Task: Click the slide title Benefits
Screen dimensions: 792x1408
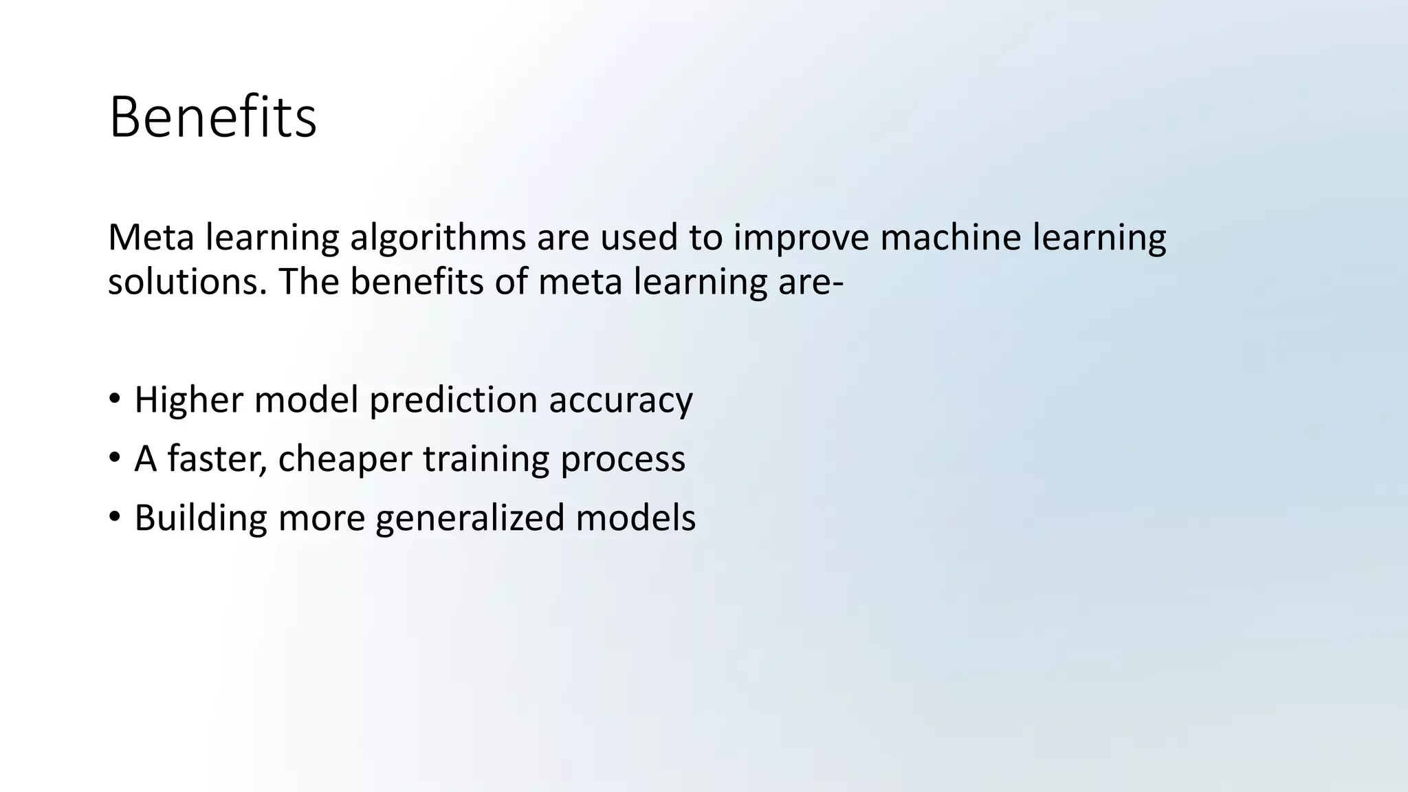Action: [x=212, y=118]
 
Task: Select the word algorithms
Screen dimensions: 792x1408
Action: [x=438, y=239]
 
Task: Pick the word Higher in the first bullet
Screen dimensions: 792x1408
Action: [x=188, y=400]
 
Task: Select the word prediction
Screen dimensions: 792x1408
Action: [x=453, y=400]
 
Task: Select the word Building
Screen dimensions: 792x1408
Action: [x=200, y=518]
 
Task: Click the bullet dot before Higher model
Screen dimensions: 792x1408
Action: [x=115, y=399]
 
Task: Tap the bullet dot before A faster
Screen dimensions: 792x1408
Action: [x=115, y=458]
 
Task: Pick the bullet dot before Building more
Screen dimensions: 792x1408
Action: [x=115, y=517]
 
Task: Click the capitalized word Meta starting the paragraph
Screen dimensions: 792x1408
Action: [x=151, y=237]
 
